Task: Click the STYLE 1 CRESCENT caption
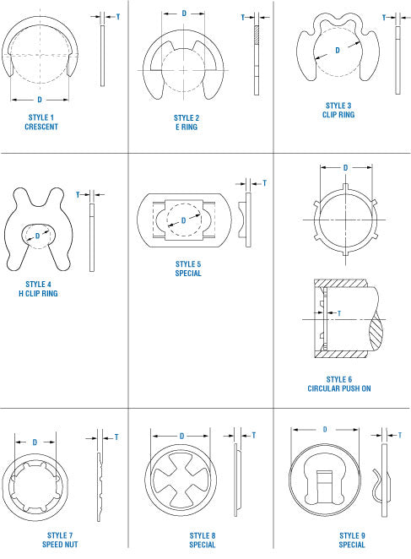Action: tap(41, 122)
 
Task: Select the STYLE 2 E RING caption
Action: tap(187, 122)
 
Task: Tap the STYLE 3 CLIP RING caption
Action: tap(338, 110)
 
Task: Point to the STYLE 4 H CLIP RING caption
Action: tap(38, 289)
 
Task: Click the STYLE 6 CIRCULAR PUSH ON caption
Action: tap(339, 384)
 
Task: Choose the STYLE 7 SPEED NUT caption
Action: tap(60, 540)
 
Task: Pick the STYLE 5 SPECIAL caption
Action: tap(188, 269)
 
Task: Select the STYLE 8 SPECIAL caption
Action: tap(202, 540)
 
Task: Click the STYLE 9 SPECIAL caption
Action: tap(352, 540)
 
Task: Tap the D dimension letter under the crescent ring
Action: tap(40, 100)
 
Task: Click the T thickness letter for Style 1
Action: tap(118, 17)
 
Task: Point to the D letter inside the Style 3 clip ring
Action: tap(338, 51)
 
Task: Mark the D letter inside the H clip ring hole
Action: tap(37, 236)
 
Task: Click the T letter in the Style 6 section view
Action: tap(339, 313)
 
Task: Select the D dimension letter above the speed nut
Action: tap(35, 442)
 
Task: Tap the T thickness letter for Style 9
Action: tap(400, 435)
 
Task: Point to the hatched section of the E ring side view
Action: tap(257, 35)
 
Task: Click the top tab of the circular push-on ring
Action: tap(345, 187)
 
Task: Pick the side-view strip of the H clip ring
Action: tap(92, 237)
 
